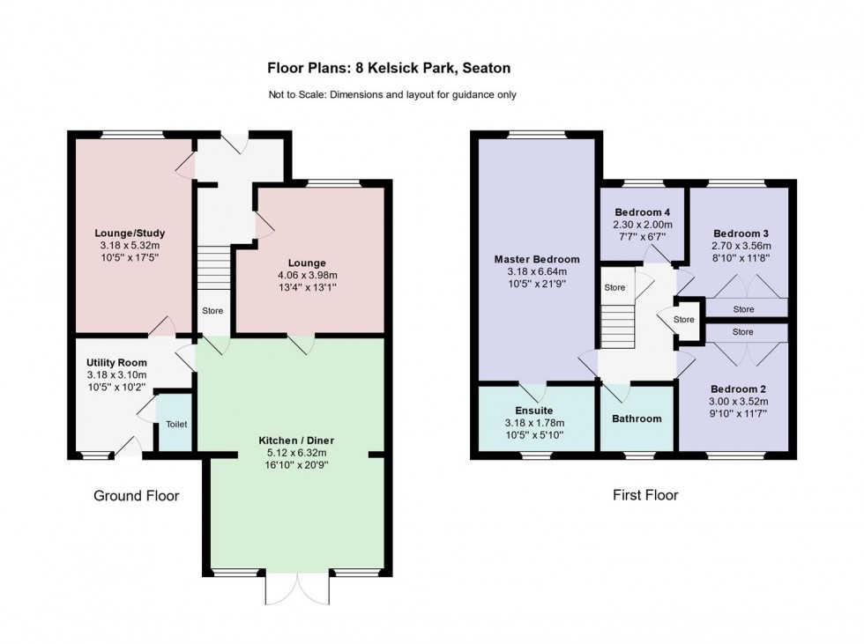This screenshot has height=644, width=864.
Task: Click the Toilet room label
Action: pyautogui.click(x=176, y=425)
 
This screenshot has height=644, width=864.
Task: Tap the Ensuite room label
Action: pyautogui.click(x=533, y=411)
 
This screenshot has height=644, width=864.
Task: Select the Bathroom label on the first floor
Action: pyautogui.click(x=637, y=418)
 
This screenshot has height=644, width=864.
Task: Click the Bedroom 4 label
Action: pyautogui.click(x=643, y=211)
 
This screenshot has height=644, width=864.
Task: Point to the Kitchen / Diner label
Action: pyautogui.click(x=296, y=440)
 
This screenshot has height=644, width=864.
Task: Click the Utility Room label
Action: pyautogui.click(x=116, y=363)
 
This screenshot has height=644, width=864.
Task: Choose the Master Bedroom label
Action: pyautogui.click(x=537, y=259)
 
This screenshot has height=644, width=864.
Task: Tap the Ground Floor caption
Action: pyautogui.click(x=137, y=496)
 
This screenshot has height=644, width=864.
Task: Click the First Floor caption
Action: pyautogui.click(x=645, y=495)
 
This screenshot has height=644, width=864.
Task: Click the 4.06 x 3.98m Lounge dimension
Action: pyautogui.click(x=306, y=275)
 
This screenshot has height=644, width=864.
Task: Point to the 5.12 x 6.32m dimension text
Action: pyautogui.click(x=296, y=452)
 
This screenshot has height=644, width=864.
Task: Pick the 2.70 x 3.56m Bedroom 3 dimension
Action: pyautogui.click(x=741, y=246)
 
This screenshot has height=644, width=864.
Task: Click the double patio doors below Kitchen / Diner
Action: pyautogui.click(x=297, y=588)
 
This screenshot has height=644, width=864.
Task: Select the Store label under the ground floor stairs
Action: pyautogui.click(x=212, y=311)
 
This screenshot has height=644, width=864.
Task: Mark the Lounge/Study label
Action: pyautogui.click(x=130, y=233)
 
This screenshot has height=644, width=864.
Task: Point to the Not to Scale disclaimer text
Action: pyautogui.click(x=392, y=95)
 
